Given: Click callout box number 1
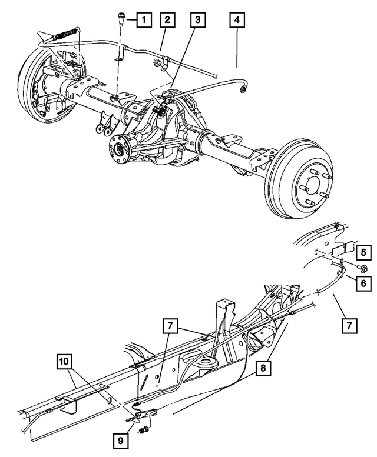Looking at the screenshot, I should pos(142,21).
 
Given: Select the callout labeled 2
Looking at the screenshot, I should pos(167,21).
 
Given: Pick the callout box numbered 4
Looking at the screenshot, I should pos(236,21).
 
